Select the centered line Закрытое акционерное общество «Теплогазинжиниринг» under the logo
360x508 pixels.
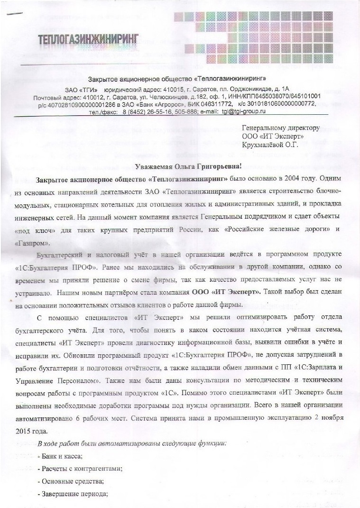(177, 78)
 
